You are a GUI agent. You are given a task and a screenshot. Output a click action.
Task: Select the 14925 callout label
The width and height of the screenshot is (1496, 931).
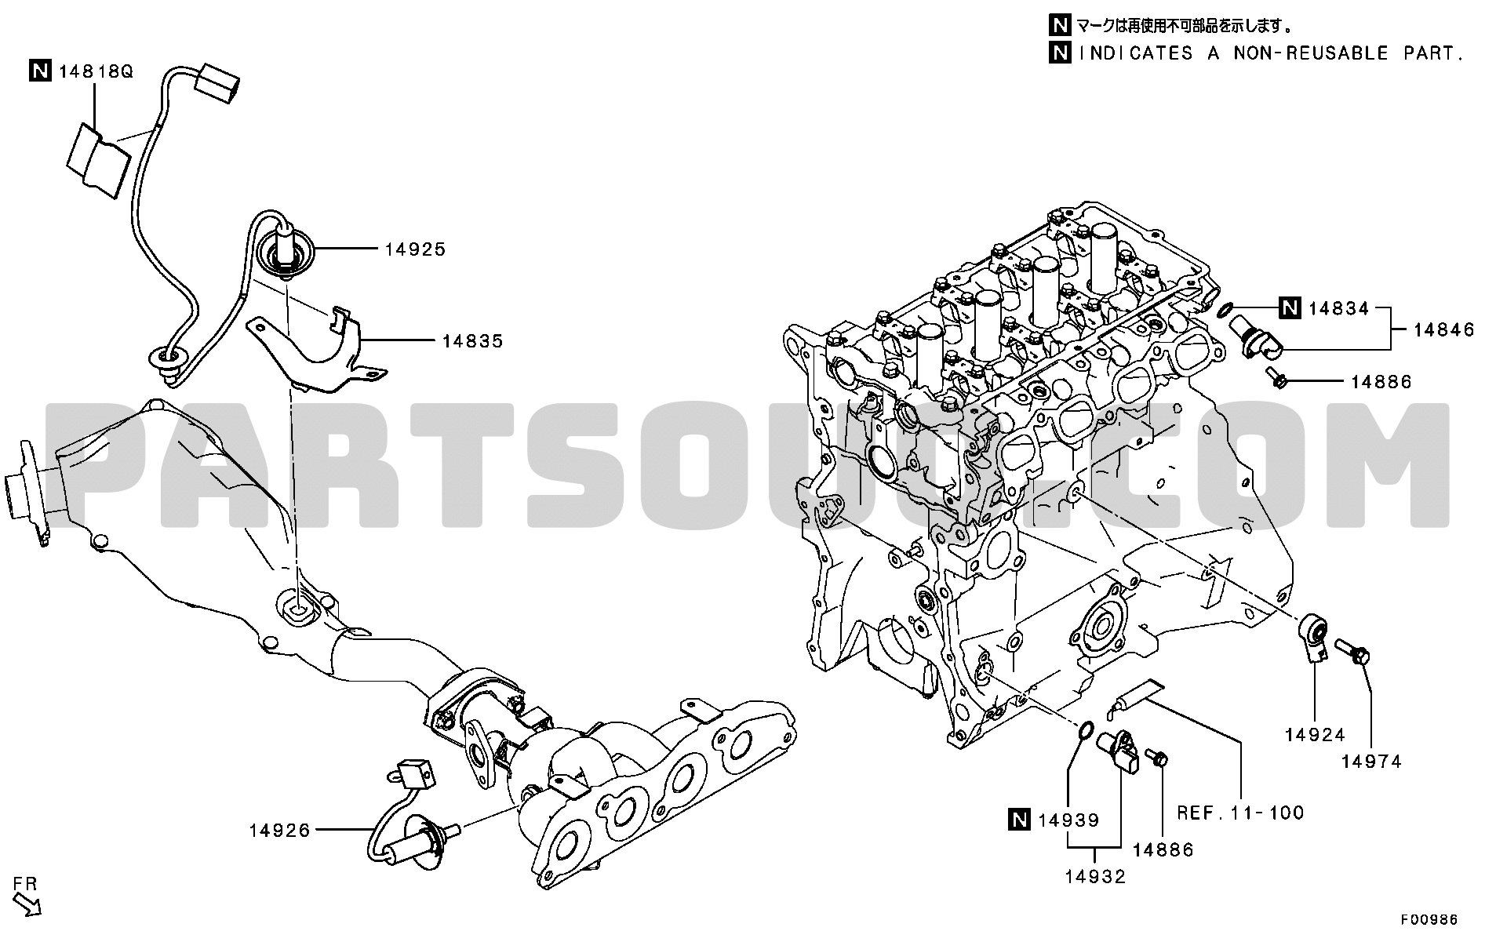[415, 249]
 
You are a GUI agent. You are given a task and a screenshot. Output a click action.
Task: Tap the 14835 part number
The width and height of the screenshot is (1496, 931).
[472, 341]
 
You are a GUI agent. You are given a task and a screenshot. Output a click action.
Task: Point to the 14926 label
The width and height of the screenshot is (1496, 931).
[280, 830]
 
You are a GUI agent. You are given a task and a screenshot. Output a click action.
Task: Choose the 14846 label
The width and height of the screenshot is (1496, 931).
[1444, 330]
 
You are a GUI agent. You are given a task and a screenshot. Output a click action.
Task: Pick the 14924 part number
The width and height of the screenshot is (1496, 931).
[1315, 735]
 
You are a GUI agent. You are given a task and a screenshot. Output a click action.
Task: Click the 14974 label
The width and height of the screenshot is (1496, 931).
[1371, 762]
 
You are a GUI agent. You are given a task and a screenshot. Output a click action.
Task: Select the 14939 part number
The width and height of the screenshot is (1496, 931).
[1068, 820]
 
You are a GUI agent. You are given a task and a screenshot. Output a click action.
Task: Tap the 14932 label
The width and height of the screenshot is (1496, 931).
[1095, 877]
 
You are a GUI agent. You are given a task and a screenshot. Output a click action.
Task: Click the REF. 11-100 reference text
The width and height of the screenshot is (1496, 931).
[1240, 813]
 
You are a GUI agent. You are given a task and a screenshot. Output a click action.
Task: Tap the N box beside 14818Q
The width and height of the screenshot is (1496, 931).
[41, 72]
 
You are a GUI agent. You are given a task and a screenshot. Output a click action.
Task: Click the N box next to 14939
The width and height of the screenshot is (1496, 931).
[1018, 820]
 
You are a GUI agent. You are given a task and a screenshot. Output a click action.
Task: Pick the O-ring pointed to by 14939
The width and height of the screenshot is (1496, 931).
[1083, 732]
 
